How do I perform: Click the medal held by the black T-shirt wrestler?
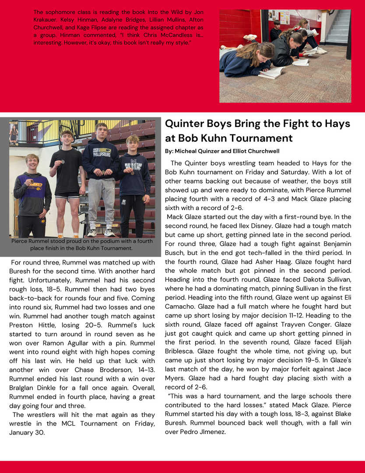pyautogui.click(x=63, y=162)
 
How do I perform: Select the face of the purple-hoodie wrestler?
pyautogui.click(x=32, y=162)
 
